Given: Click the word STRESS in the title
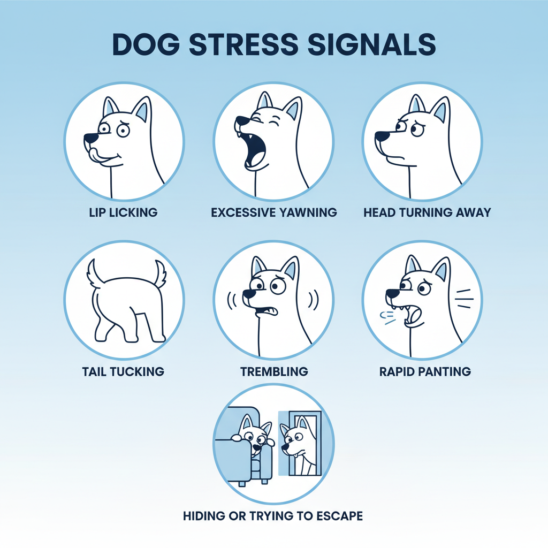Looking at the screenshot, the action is (243, 44).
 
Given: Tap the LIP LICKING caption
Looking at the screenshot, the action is (124, 212).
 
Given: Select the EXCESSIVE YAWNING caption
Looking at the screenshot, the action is (274, 212).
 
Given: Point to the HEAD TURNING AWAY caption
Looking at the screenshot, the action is (427, 212).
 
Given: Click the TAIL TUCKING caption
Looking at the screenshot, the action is (124, 371).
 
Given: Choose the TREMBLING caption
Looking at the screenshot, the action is (274, 371).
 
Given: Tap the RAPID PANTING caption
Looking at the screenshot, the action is (425, 371).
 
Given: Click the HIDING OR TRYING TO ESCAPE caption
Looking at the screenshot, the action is (273, 516).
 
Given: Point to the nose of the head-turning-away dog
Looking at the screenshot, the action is (381, 135).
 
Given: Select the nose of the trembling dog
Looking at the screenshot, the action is (249, 294).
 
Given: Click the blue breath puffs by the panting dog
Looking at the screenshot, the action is (387, 318).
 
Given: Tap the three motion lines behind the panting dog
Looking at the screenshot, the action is (465, 299).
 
